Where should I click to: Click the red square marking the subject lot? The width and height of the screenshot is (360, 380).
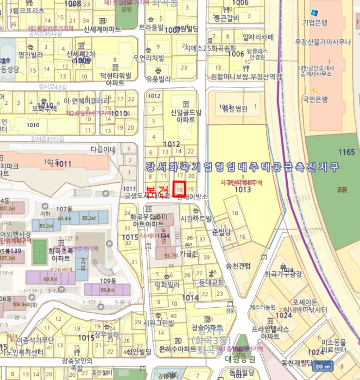(x=180, y=188)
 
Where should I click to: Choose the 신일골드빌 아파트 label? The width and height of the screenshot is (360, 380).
(x=186, y=116)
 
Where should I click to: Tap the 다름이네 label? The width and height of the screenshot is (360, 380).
(x=103, y=149)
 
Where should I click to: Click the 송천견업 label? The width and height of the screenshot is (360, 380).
(x=238, y=265)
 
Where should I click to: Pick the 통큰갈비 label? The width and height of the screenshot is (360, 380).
(x=226, y=18)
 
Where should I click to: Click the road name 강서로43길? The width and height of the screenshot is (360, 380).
(x=53, y=87)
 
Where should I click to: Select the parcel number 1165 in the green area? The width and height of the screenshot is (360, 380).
(x=345, y=153)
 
